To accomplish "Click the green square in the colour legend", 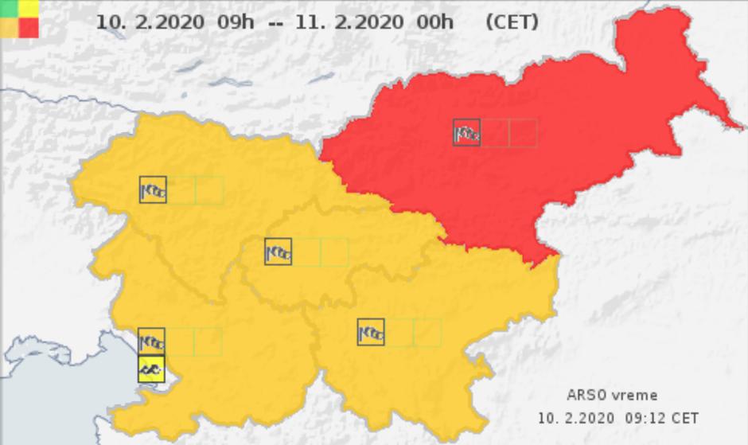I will tap(10, 9).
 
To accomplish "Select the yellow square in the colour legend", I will tap(29, 9).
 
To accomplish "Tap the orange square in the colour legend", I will tap(10, 28).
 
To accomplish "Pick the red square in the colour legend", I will tap(29, 28).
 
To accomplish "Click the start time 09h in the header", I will tap(236, 21).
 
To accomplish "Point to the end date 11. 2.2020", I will tap(349, 21).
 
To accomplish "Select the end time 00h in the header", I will tap(435, 21).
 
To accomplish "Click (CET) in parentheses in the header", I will tap(512, 21).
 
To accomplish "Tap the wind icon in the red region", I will tap(466, 133).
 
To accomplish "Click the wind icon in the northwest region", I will tap(153, 190).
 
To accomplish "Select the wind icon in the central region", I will tap(278, 252).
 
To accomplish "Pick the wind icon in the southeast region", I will tap(371, 332).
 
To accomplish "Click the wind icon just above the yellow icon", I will tap(151, 342).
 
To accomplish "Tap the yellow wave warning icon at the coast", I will tap(151, 369).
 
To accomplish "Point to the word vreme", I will tap(635, 395).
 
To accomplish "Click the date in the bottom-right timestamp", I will tap(575, 418).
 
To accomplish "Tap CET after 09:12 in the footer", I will tap(686, 418).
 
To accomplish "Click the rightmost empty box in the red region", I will tap(523, 133).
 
